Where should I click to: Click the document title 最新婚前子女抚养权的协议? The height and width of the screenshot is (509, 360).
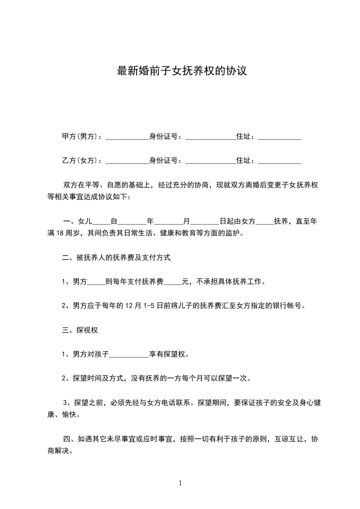tap(182, 71)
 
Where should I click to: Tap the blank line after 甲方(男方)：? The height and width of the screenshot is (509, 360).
tap(127, 138)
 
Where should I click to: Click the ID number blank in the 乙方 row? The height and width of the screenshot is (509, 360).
tap(210, 162)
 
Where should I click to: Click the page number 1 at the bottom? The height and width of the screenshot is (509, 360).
tap(180, 483)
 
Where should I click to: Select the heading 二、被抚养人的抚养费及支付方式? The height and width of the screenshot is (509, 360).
tap(116, 258)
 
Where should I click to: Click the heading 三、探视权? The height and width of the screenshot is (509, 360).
tap(80, 330)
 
